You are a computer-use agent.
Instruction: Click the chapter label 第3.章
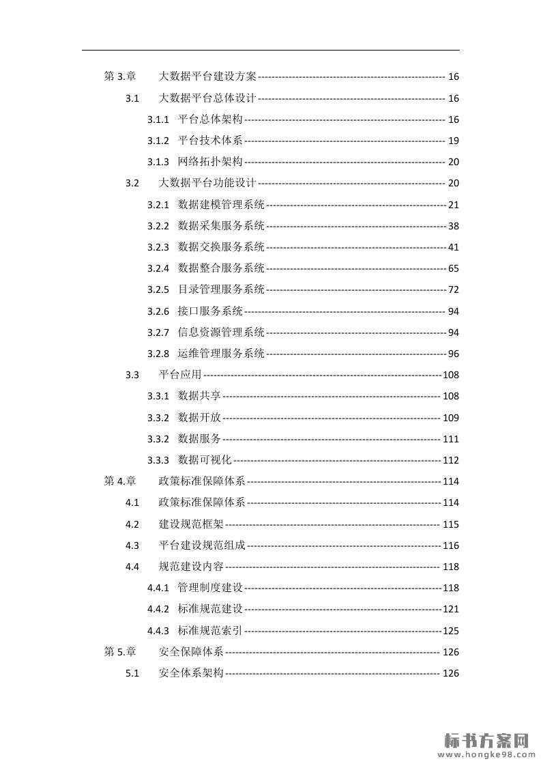(119, 77)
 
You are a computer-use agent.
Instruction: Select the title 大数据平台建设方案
(207, 77)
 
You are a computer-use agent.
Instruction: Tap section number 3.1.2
(158, 141)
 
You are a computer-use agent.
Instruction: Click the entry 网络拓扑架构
(210, 162)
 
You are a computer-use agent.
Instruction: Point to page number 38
(454, 226)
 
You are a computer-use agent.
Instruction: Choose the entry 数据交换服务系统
(221, 247)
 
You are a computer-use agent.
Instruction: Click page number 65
(454, 268)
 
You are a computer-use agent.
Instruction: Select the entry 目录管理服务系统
(221, 289)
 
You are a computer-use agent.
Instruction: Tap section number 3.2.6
(158, 311)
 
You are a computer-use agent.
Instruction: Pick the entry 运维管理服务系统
(221, 354)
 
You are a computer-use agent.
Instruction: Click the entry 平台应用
(180, 375)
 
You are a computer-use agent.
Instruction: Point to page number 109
(451, 418)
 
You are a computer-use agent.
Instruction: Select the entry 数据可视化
(205, 460)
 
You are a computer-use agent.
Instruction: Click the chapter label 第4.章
(119, 481)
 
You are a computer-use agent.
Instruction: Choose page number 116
(451, 545)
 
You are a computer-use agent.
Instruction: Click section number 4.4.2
(158, 609)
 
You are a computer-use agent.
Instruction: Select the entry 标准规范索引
(210, 631)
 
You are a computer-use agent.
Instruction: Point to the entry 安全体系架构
(191, 673)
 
